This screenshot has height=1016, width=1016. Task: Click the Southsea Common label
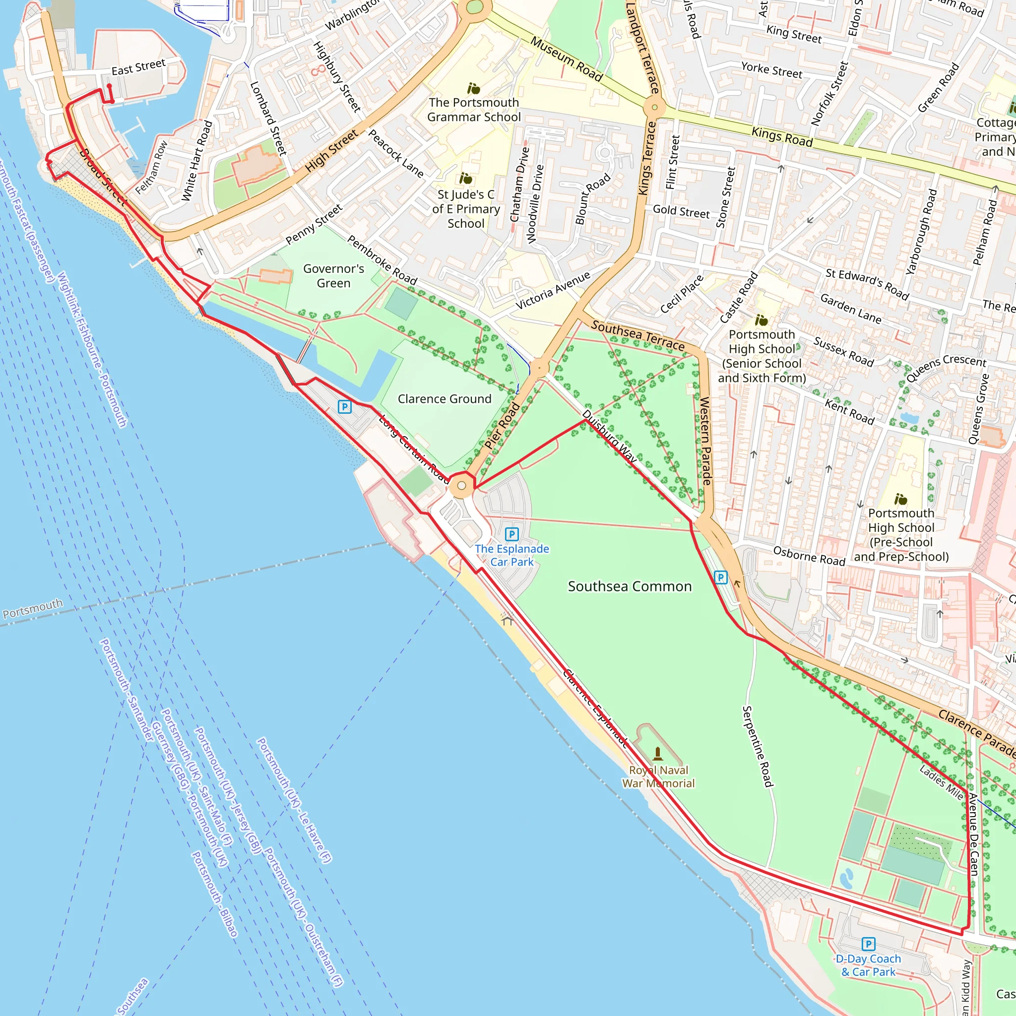[x=630, y=586]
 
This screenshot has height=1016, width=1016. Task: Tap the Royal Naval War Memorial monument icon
[x=657, y=754]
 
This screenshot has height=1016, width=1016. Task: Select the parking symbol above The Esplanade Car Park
[x=511, y=534]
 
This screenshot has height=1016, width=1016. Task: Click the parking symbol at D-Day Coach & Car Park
[x=868, y=944]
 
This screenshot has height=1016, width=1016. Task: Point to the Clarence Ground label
[x=444, y=399]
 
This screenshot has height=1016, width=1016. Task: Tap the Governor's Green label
[x=333, y=275]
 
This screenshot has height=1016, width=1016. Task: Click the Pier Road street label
[x=502, y=426]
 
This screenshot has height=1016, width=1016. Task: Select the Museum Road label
[x=567, y=59]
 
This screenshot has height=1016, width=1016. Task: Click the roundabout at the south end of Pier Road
[x=461, y=486]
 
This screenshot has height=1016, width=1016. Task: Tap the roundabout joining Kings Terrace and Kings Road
[x=654, y=107]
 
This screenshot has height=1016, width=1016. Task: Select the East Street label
[x=138, y=67]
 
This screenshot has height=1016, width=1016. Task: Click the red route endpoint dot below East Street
[x=109, y=86]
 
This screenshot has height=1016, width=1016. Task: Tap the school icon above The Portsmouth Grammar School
[x=473, y=88]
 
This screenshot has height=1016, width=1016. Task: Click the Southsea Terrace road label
[x=637, y=335]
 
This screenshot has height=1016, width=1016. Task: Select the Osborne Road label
[x=809, y=556]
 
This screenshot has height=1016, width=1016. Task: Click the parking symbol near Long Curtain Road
[x=344, y=406]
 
